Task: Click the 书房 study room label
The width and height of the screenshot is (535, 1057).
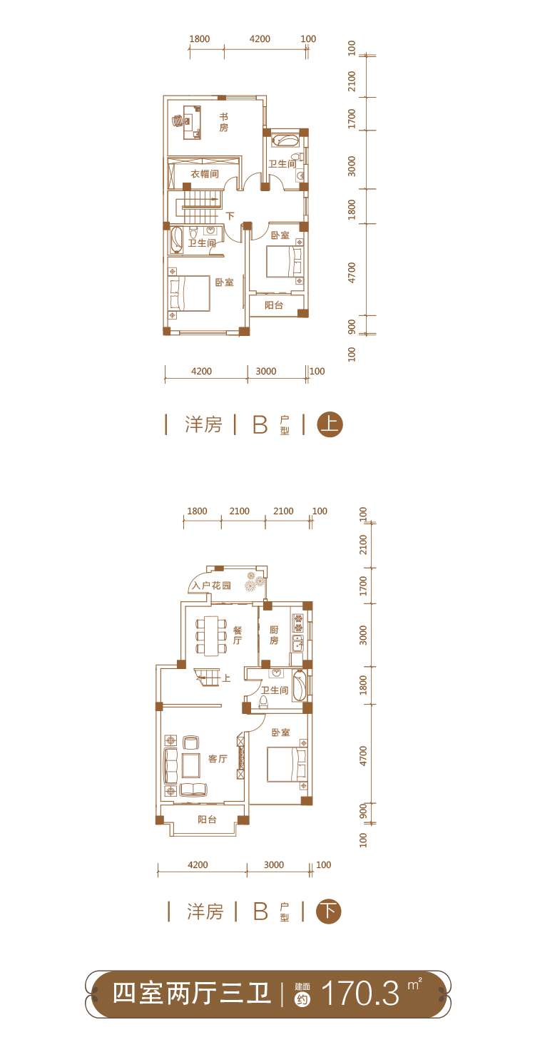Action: [x=223, y=122]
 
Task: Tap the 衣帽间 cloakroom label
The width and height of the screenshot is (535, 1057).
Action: [x=204, y=174]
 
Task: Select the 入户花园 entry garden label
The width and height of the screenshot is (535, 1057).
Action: [x=211, y=586]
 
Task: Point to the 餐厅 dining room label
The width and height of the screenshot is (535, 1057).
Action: [x=238, y=635]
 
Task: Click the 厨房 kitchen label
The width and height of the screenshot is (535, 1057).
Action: [x=273, y=635]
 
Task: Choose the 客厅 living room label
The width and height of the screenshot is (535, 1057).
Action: [x=218, y=759]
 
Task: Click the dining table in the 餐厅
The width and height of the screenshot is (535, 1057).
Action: [x=211, y=635]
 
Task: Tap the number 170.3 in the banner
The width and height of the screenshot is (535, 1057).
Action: [x=360, y=994]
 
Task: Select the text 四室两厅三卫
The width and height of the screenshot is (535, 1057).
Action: [x=192, y=994]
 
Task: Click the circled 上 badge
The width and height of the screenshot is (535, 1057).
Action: [x=330, y=425]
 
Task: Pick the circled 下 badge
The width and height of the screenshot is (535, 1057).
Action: [x=328, y=911]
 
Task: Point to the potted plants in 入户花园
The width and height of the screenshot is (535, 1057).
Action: [x=253, y=582]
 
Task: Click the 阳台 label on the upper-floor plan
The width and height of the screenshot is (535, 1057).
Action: [x=274, y=305]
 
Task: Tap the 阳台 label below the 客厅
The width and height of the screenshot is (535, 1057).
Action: [x=207, y=820]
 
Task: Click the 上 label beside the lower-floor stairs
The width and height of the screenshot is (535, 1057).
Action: [x=226, y=678]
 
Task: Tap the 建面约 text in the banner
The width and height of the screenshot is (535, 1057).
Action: [x=301, y=994]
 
